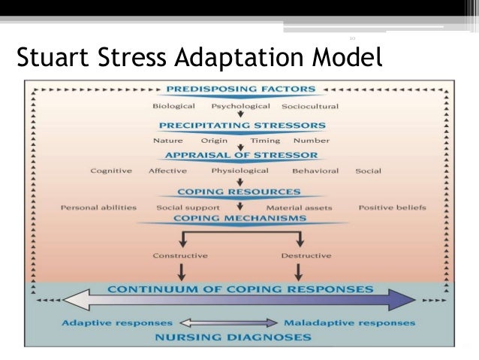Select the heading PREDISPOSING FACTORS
pyautogui.click(x=239, y=89)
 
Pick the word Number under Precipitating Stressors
pyautogui.click(x=311, y=140)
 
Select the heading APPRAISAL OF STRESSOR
pyautogui.click(x=239, y=156)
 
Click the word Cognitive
pyautogui.click(x=111, y=171)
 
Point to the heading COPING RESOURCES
pyautogui.click(x=239, y=192)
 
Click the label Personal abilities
pyautogui.click(x=98, y=207)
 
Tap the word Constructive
pyautogui.click(x=180, y=256)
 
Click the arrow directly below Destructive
pyautogui.click(x=300, y=271)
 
